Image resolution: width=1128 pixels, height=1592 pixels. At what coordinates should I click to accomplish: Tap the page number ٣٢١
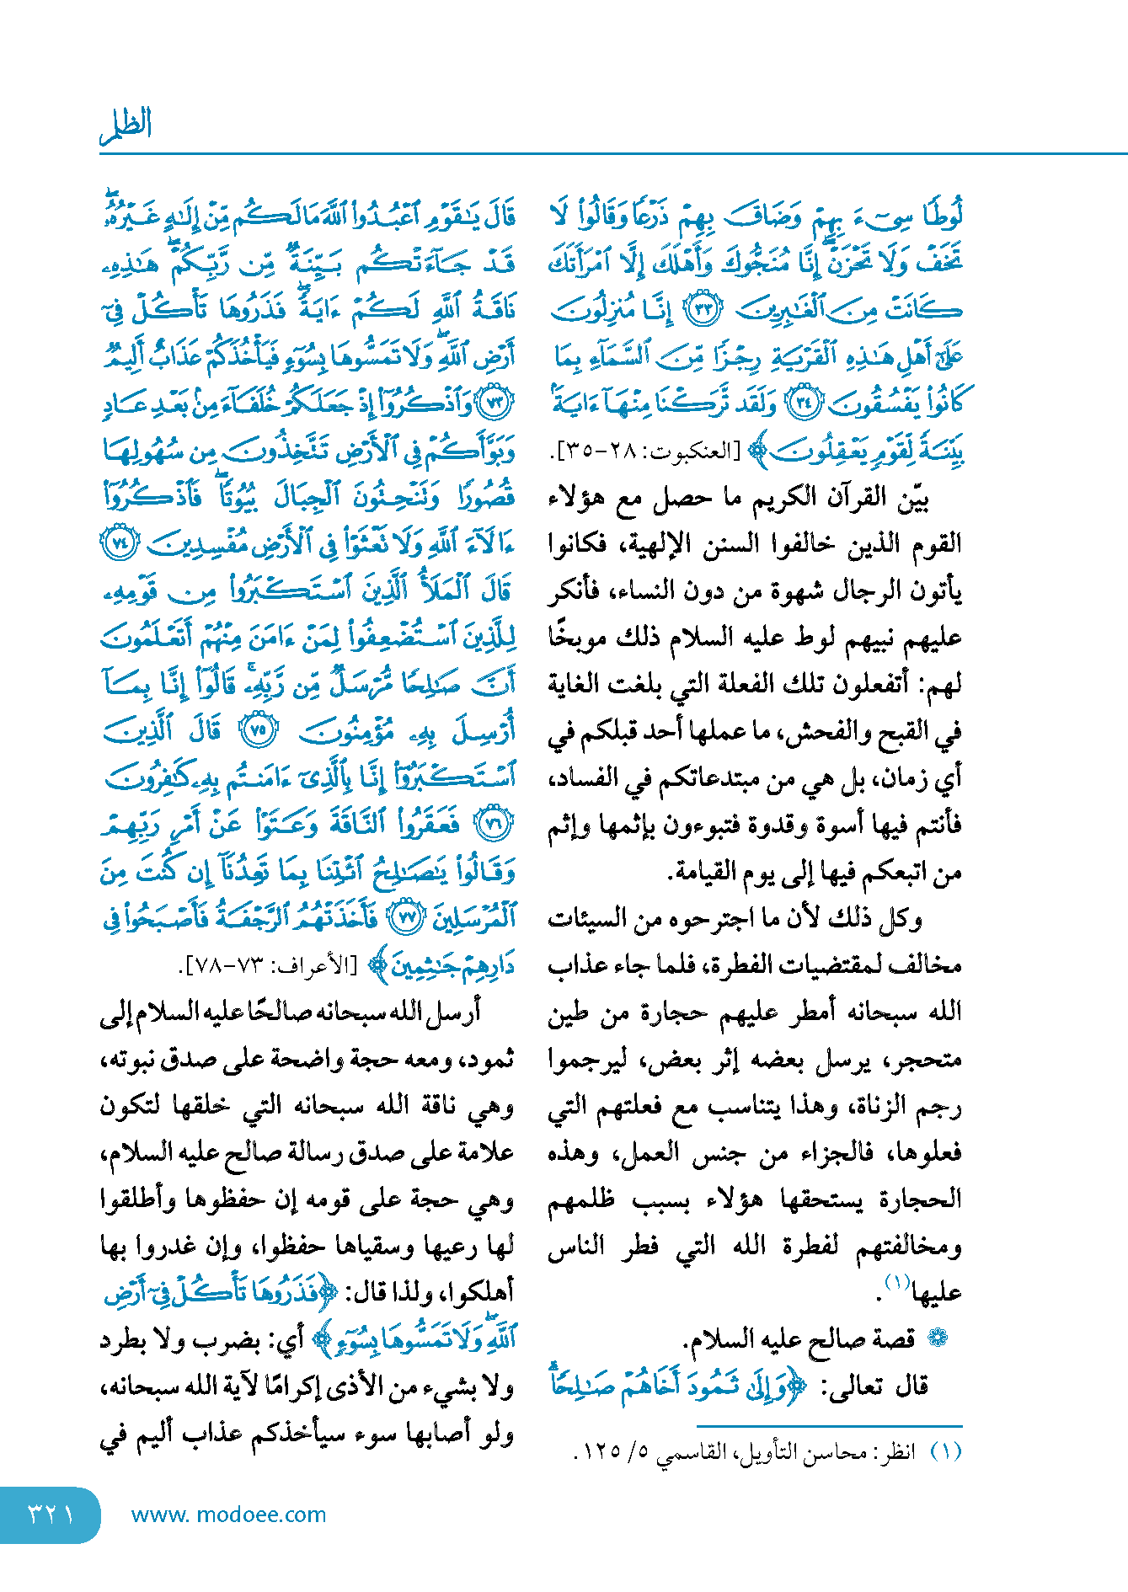[x=50, y=1514]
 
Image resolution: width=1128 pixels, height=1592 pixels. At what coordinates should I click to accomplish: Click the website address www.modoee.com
[x=228, y=1515]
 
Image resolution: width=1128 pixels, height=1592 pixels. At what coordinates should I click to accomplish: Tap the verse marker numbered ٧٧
[x=409, y=918]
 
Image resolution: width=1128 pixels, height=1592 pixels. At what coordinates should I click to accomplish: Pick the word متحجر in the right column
[x=929, y=1059]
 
